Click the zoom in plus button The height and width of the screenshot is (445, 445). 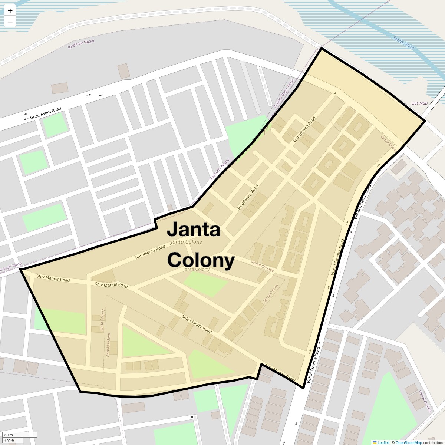tap(10, 11)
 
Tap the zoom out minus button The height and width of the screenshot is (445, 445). tap(10, 22)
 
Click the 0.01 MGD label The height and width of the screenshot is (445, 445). tap(419, 103)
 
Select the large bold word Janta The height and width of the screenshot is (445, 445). tap(194, 229)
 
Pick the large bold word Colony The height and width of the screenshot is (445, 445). tap(201, 260)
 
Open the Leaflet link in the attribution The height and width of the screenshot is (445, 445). tap(383, 442)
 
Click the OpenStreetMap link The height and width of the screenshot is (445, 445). tap(409, 442)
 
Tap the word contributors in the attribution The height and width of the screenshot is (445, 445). tap(433, 442)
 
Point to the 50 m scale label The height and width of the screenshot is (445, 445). tap(8, 435)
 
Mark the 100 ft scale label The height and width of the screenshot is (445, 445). tap(9, 441)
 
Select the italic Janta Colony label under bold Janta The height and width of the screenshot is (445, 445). tap(186, 242)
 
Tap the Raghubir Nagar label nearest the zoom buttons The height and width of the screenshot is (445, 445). tap(81, 44)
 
